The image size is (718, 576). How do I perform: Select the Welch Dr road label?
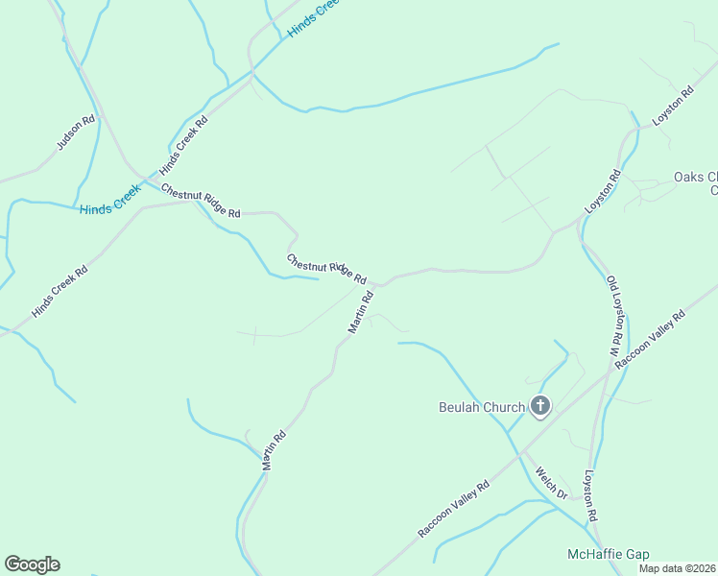552,483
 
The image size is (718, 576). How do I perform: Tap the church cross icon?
540,406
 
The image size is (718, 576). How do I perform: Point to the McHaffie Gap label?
608,554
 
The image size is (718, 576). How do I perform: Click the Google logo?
32,564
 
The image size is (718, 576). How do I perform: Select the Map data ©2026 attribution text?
677,568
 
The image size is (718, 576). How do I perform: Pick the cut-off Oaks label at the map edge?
695,182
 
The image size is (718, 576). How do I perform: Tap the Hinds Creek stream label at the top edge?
315,18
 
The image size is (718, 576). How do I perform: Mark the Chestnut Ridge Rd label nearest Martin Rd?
326,268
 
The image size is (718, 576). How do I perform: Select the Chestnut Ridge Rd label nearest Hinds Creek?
201,200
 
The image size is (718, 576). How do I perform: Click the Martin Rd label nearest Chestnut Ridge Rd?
360,313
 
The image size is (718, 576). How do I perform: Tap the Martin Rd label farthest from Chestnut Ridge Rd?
275,449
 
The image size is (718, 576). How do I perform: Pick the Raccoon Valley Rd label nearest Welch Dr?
454,509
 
